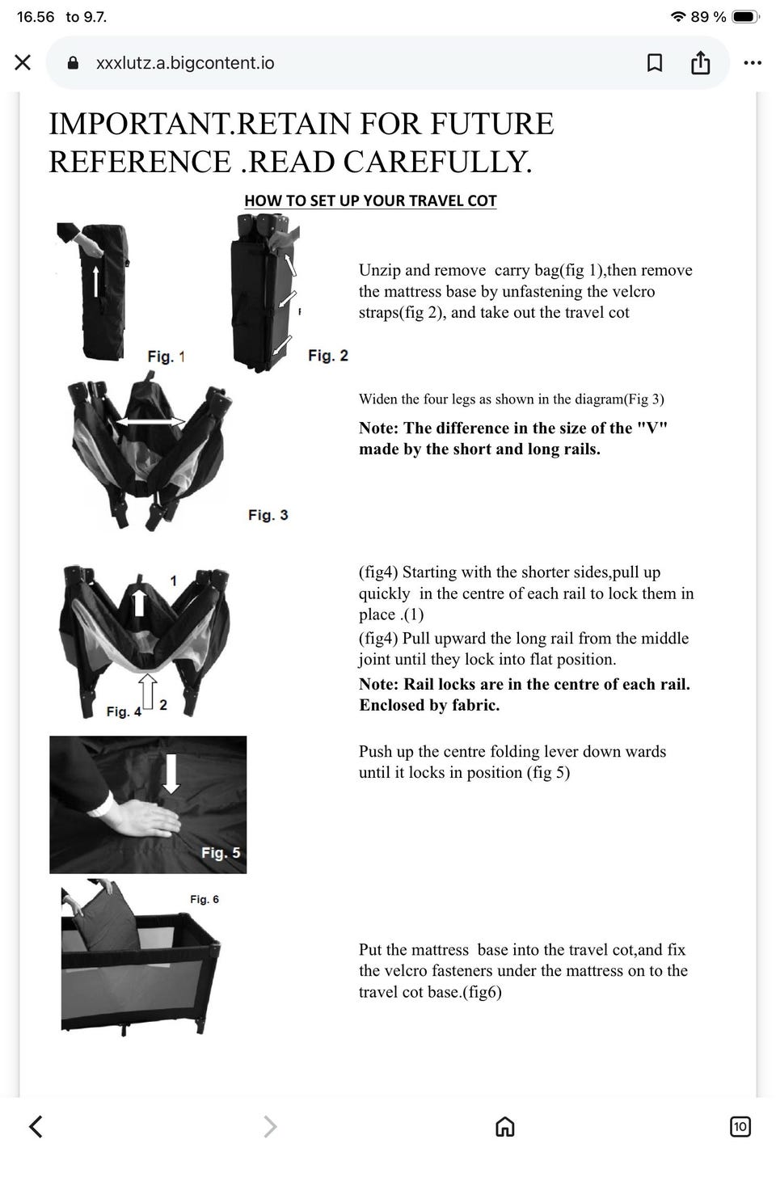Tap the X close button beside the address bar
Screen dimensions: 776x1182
point(23,62)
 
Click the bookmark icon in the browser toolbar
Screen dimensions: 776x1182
point(654,62)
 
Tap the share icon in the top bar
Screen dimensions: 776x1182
point(700,62)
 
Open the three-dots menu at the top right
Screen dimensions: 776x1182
point(752,63)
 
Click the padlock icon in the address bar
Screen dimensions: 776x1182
point(74,63)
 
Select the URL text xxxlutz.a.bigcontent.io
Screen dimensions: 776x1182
point(185,63)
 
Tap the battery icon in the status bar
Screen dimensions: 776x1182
point(745,17)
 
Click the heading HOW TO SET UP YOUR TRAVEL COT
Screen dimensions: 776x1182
point(370,201)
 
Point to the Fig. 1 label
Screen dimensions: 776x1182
point(167,357)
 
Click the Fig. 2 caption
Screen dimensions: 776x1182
point(328,356)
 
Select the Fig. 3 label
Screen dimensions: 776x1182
point(268,515)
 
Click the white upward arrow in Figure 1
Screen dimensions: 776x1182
point(95,281)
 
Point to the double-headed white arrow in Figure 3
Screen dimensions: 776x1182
point(151,421)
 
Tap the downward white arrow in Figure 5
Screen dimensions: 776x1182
point(171,773)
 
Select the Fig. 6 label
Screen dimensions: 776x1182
point(205,899)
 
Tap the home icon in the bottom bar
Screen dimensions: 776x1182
point(505,1126)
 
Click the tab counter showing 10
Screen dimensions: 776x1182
point(740,1126)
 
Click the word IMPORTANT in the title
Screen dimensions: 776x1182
point(139,124)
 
